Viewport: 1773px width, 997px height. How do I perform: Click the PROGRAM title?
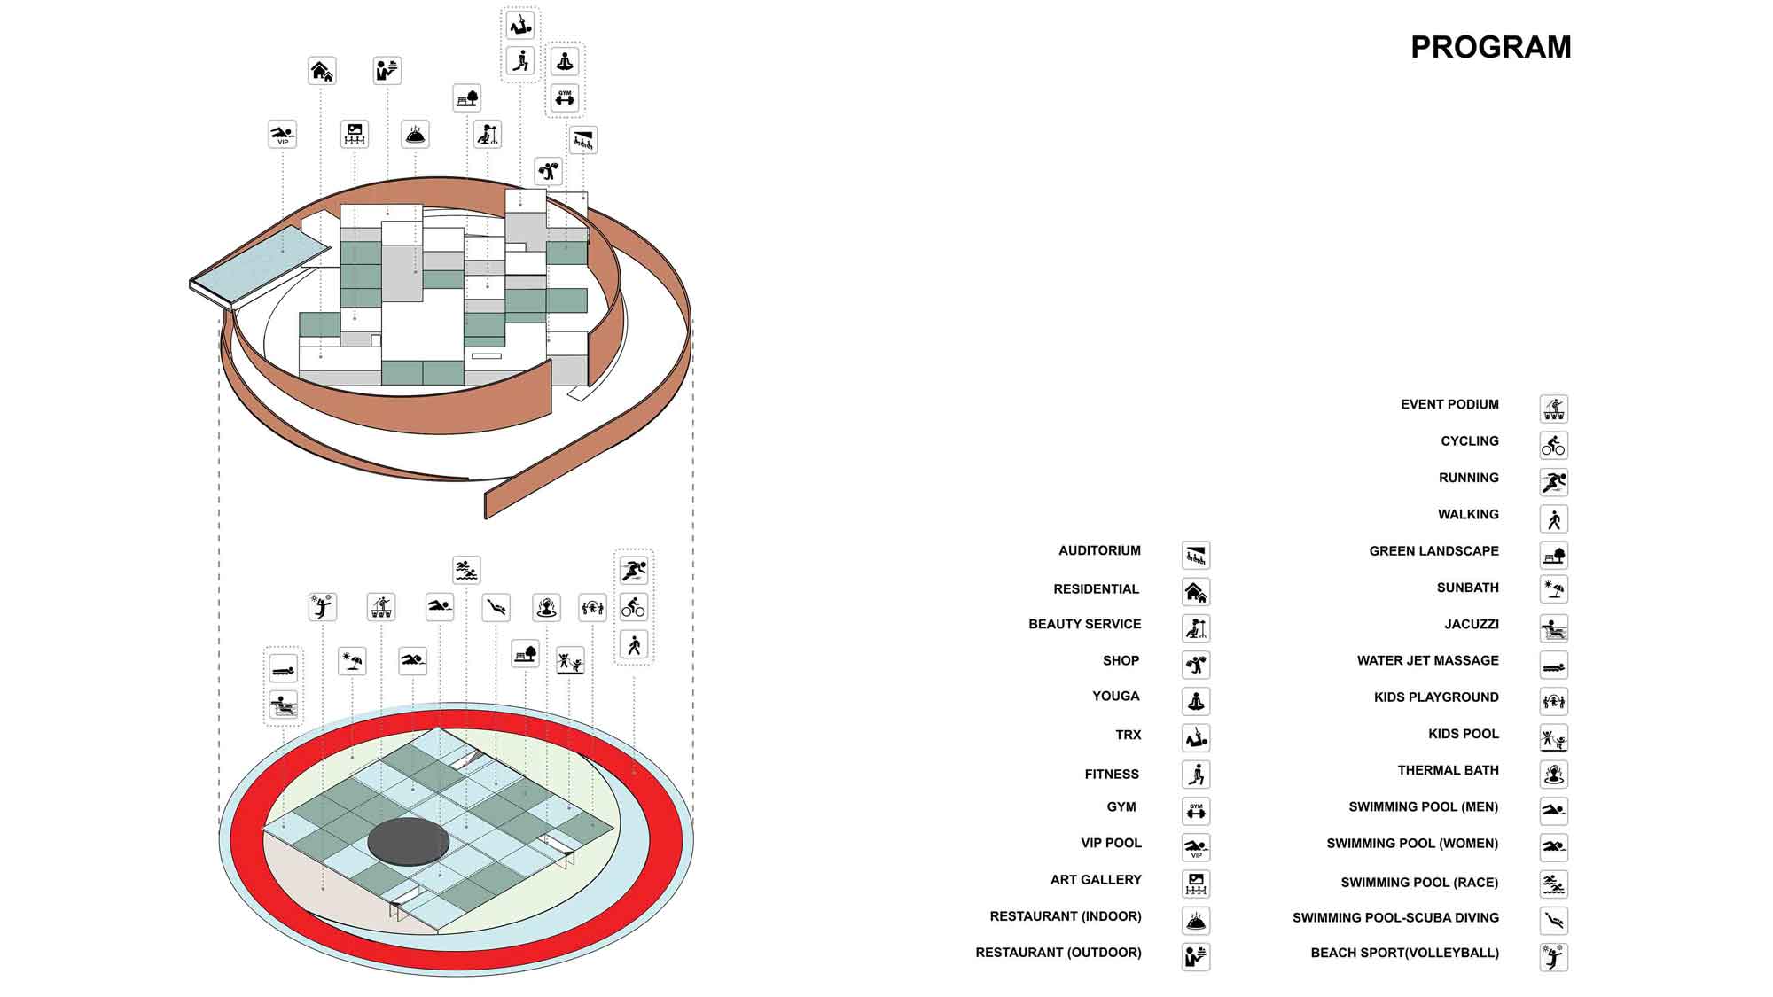[x=1490, y=47]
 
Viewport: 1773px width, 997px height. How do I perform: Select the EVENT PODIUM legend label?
[x=1449, y=404]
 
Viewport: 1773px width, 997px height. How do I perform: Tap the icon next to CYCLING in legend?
[x=1553, y=445]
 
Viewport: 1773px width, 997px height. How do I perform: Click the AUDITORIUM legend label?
[x=1099, y=550]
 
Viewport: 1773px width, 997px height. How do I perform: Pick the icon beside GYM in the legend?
[x=1196, y=811]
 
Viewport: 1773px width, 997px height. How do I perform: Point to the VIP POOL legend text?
[x=1111, y=843]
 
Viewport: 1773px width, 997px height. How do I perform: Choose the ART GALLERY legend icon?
[x=1196, y=884]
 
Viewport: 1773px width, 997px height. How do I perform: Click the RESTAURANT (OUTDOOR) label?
[x=1058, y=953]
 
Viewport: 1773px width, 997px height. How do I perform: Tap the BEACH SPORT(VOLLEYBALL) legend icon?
[x=1553, y=957]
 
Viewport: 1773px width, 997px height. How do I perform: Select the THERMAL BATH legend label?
[x=1448, y=770]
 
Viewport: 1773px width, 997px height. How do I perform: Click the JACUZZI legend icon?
[x=1553, y=628]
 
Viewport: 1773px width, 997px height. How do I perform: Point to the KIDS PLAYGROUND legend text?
[x=1436, y=697]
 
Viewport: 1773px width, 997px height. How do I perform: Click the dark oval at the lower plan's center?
[x=408, y=841]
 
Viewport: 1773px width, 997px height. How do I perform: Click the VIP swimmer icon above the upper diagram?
[x=283, y=135]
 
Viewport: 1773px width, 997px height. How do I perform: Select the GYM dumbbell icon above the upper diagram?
[x=565, y=97]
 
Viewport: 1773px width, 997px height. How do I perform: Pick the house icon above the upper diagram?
[x=322, y=71]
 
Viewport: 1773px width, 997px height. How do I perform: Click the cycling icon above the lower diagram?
[x=633, y=607]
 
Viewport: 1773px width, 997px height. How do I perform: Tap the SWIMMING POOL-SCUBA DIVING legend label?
[x=1395, y=918]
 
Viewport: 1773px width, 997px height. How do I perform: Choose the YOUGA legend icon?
[x=1196, y=701]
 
